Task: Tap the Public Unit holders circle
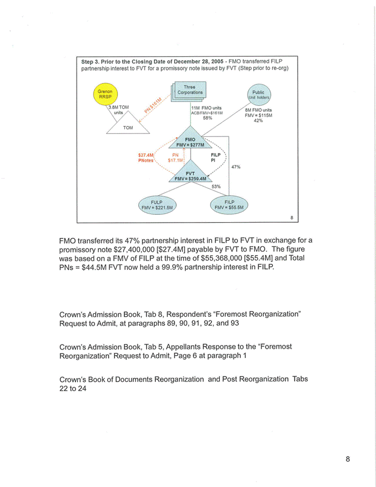tap(258, 95)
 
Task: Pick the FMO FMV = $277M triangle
tap(190, 141)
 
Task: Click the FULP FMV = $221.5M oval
tap(157, 203)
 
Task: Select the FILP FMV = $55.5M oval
tap(229, 203)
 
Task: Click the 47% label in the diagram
tap(236, 167)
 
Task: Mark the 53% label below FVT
tap(215, 186)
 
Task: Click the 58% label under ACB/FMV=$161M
tap(207, 118)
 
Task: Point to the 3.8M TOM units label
tap(118, 109)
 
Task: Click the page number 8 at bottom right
tap(348, 459)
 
